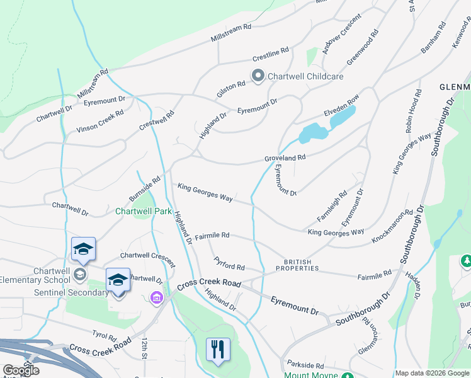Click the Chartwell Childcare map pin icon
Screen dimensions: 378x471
tap(258, 76)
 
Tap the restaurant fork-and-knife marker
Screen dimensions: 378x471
tap(218, 350)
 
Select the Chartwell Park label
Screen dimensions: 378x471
tap(143, 211)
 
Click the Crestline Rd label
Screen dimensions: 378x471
tap(270, 54)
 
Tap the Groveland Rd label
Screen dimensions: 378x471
tap(285, 157)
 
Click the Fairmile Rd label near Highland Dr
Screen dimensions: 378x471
tap(212, 235)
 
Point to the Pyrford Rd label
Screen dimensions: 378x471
tap(229, 263)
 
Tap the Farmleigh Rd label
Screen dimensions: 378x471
tap(332, 206)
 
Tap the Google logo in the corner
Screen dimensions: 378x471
tap(21, 370)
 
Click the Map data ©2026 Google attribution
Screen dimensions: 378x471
tap(432, 373)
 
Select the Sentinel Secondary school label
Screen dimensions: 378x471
tap(55, 293)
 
